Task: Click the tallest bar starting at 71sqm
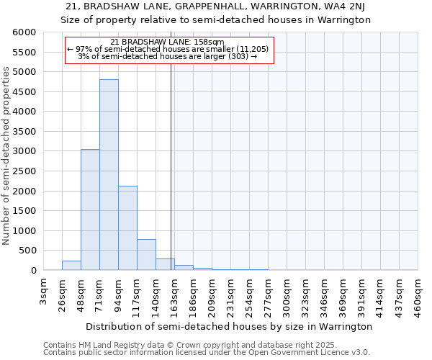pyautogui.click(x=109, y=175)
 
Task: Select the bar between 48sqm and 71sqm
pyautogui.click(x=90, y=210)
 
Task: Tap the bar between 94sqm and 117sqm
pyautogui.click(x=127, y=228)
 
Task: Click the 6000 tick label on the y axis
pyautogui.click(x=24, y=32)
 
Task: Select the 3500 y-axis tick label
pyautogui.click(x=24, y=132)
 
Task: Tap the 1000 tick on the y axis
pyautogui.click(x=24, y=231)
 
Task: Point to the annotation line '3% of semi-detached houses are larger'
pyautogui.click(x=167, y=56)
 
